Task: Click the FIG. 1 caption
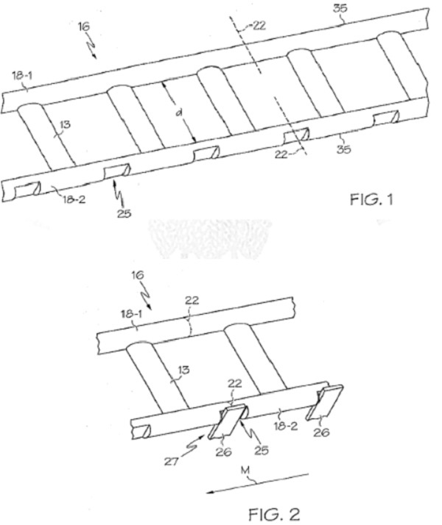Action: pyautogui.click(x=371, y=199)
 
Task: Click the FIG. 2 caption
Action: pyautogui.click(x=274, y=514)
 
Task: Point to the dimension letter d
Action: pyautogui.click(x=180, y=113)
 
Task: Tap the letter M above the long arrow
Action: pyautogui.click(x=245, y=470)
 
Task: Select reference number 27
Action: pyautogui.click(x=171, y=462)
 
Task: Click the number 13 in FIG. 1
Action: pyautogui.click(x=65, y=124)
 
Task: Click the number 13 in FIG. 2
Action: pyautogui.click(x=183, y=370)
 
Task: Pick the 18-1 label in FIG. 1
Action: pyautogui.click(x=23, y=76)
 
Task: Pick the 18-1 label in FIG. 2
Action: pyautogui.click(x=131, y=314)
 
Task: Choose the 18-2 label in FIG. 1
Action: pyautogui.click(x=74, y=199)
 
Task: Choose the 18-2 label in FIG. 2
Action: pyautogui.click(x=286, y=426)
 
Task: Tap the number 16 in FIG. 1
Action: pyautogui.click(x=84, y=26)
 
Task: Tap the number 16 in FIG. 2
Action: pyautogui.click(x=138, y=275)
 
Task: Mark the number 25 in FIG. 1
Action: pyautogui.click(x=124, y=213)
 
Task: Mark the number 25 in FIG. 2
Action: pyautogui.click(x=262, y=450)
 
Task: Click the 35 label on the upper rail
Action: pyautogui.click(x=340, y=8)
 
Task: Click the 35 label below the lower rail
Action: pyautogui.click(x=344, y=149)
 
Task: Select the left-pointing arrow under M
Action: pyautogui.click(x=257, y=483)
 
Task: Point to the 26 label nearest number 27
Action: pyautogui.click(x=224, y=452)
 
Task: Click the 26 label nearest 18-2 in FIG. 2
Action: pyautogui.click(x=322, y=432)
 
